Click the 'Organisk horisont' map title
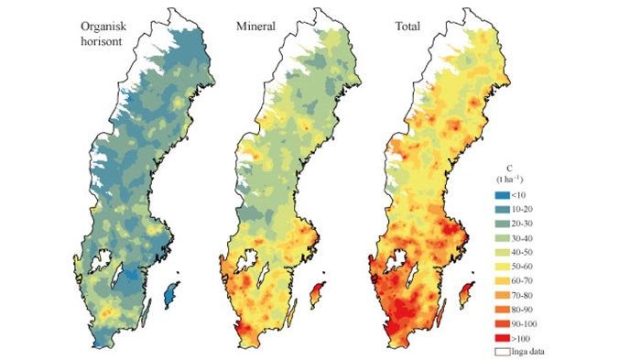tap(108, 35)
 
